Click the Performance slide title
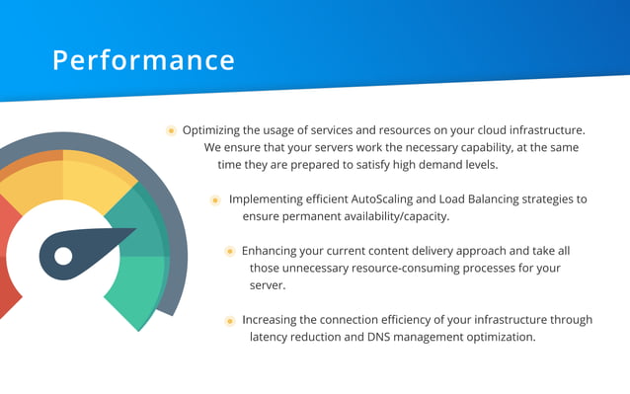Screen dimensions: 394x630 point(144,60)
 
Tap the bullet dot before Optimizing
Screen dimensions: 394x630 point(171,130)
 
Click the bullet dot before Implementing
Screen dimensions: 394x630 point(215,199)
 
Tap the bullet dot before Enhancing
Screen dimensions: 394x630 point(229,252)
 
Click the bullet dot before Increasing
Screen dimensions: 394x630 point(229,320)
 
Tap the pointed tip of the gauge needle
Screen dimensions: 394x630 point(134,233)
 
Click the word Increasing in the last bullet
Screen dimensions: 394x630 point(273,320)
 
